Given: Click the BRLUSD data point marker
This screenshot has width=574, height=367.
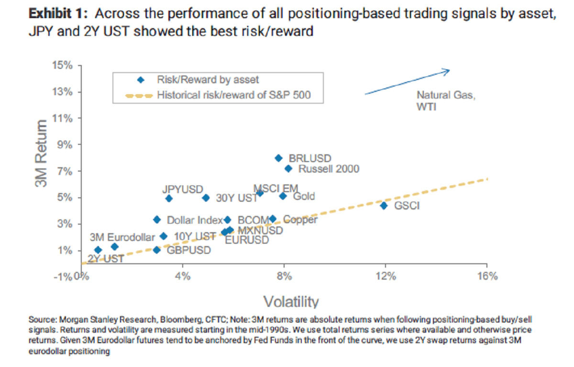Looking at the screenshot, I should click(278, 158).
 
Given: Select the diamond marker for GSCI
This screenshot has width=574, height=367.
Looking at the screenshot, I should click(384, 205).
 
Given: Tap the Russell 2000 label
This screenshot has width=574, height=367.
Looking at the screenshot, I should click(329, 169).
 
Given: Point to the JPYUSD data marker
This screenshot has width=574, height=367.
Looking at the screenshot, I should click(169, 198).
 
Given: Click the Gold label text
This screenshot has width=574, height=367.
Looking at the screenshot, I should click(304, 196).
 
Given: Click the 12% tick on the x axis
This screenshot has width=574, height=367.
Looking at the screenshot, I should click(386, 276).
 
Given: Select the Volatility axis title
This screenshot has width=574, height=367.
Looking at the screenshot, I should click(290, 302).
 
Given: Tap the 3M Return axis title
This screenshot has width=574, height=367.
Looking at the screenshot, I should click(42, 154).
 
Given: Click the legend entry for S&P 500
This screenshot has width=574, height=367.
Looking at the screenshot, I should click(233, 95).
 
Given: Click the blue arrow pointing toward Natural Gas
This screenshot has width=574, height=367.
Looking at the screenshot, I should click(407, 83).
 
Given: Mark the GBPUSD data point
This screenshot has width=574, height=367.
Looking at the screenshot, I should click(156, 250).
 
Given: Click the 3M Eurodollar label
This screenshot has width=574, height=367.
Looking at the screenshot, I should click(122, 237).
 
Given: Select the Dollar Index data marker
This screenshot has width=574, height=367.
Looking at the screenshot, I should click(156, 219).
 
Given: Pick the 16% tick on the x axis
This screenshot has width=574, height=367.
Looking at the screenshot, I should click(487, 276).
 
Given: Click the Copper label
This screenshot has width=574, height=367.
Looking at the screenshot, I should click(300, 220).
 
